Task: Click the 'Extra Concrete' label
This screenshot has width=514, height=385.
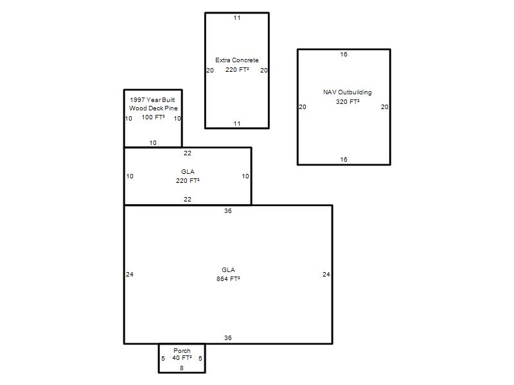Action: click(236, 60)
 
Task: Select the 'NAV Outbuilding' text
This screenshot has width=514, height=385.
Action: click(348, 92)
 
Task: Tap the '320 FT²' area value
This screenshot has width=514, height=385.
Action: click(348, 102)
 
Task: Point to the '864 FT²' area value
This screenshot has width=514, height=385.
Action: click(228, 279)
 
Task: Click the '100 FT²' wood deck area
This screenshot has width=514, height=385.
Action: click(153, 117)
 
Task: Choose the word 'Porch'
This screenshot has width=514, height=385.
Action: click(182, 350)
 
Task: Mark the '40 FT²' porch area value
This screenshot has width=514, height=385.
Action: click(182, 358)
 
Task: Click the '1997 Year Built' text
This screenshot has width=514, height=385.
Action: click(152, 100)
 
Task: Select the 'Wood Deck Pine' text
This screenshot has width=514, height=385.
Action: click(153, 108)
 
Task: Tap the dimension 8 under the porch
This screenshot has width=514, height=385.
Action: click(182, 368)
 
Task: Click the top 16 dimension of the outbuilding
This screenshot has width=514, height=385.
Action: click(344, 55)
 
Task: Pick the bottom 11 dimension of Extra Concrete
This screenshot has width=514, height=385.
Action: click(237, 124)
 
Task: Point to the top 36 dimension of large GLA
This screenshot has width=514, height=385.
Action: click(228, 211)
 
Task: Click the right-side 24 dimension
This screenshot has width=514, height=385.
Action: click(326, 275)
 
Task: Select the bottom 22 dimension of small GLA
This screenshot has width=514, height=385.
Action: click(188, 200)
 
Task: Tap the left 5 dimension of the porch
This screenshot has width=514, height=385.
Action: click(163, 359)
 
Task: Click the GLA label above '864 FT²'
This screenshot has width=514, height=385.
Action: click(228, 270)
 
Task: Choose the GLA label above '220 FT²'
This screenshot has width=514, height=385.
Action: click(188, 172)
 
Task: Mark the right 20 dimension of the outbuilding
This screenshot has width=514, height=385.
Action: click(384, 107)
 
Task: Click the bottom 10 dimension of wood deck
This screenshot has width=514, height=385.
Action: click(153, 143)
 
